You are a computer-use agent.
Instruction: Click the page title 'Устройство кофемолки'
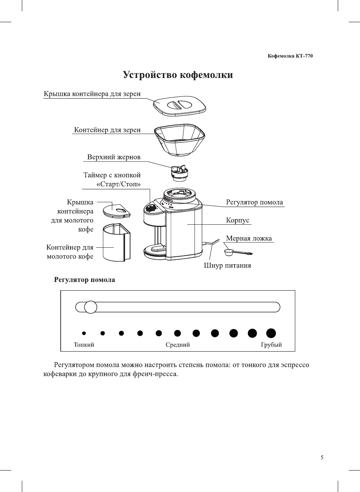[x=178, y=75]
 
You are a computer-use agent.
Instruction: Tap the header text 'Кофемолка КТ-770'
[x=290, y=56]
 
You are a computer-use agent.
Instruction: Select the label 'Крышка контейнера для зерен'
[x=92, y=94]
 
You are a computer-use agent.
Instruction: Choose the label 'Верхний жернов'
[x=114, y=157]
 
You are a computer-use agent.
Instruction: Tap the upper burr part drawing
[x=179, y=172]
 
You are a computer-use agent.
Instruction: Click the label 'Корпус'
[x=238, y=220]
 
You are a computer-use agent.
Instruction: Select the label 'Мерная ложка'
[x=249, y=238]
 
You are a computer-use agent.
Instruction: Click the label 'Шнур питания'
[x=227, y=265]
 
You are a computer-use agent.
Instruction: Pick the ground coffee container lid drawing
[x=116, y=210]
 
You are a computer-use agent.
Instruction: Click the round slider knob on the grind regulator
[x=91, y=307]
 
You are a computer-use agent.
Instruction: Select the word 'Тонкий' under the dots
[x=84, y=345]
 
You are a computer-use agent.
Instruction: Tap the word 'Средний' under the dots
[x=178, y=345]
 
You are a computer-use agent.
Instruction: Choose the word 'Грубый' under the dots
[x=271, y=345]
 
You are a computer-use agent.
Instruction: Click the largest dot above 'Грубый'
[x=271, y=333]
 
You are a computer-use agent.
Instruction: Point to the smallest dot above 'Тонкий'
[x=84, y=333]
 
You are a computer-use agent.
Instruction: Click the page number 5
[x=322, y=458]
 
